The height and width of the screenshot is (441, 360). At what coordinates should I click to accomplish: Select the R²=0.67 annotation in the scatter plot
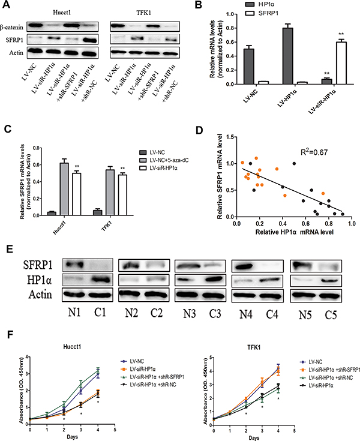click(x=314, y=152)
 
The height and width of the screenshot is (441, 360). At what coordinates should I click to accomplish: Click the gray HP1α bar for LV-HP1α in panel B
click(x=288, y=56)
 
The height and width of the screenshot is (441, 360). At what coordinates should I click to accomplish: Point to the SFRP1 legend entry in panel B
click(x=263, y=13)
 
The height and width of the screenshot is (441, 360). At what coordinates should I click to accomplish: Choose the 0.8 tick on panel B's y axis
click(x=233, y=28)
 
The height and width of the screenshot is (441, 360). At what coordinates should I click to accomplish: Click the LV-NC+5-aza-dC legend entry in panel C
click(x=164, y=160)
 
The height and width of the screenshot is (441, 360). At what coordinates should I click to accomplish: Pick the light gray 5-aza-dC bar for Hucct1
click(x=64, y=189)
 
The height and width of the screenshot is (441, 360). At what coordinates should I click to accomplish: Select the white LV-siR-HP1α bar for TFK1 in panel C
click(x=122, y=195)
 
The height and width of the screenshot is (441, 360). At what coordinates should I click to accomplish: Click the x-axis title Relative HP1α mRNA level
click(x=294, y=232)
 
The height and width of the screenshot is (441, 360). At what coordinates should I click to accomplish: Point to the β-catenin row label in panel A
click(x=12, y=27)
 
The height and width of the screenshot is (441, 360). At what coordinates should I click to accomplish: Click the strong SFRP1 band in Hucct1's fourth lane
click(x=89, y=40)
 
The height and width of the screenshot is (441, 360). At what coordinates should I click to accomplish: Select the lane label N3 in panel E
click(x=190, y=314)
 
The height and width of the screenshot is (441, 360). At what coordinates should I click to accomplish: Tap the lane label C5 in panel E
click(x=331, y=315)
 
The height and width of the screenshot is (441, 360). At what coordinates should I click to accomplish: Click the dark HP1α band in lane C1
click(x=99, y=280)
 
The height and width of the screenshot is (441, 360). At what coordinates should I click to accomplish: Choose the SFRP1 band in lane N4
click(x=243, y=265)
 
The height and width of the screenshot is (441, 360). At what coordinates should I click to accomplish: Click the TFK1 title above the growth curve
click(x=254, y=347)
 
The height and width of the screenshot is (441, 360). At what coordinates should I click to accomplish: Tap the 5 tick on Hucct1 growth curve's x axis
click(x=115, y=430)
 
